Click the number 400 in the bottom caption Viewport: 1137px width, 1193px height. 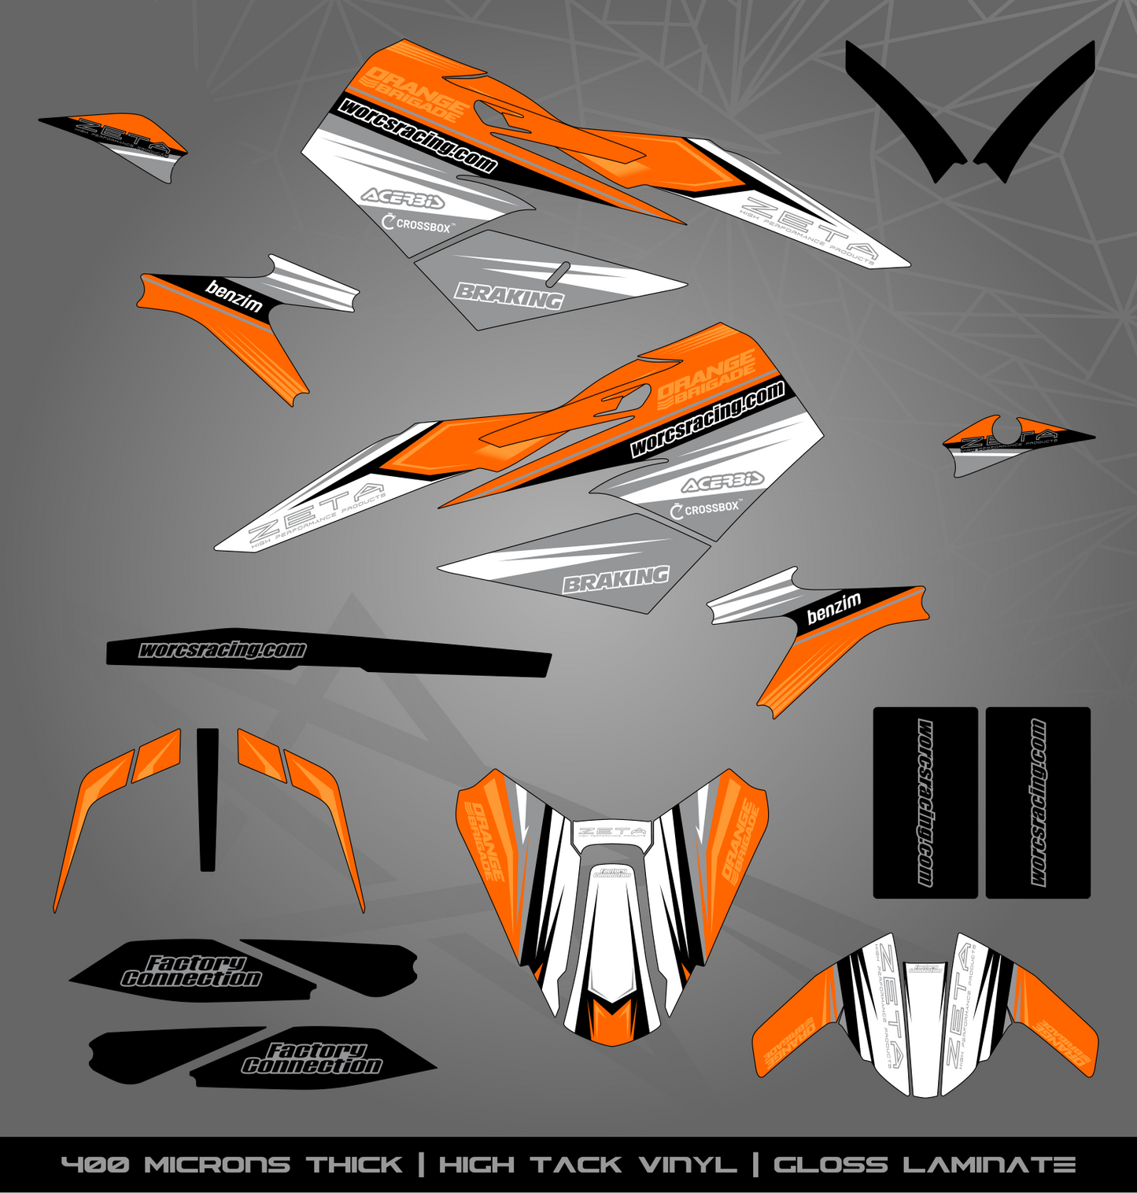click(x=95, y=1165)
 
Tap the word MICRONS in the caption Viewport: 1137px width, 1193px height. click(x=217, y=1165)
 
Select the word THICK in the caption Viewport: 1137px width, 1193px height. click(x=354, y=1165)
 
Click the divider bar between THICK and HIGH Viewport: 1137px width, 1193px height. click(x=421, y=1165)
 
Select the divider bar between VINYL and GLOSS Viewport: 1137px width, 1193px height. click(x=755, y=1165)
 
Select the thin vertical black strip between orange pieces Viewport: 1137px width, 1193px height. click(x=208, y=799)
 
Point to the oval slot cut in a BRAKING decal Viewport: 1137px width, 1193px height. click(x=559, y=272)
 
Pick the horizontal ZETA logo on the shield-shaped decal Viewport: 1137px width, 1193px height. click(x=611, y=831)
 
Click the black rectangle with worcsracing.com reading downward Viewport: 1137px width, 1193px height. click(x=925, y=803)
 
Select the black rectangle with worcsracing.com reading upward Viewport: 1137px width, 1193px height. click(x=1039, y=803)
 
